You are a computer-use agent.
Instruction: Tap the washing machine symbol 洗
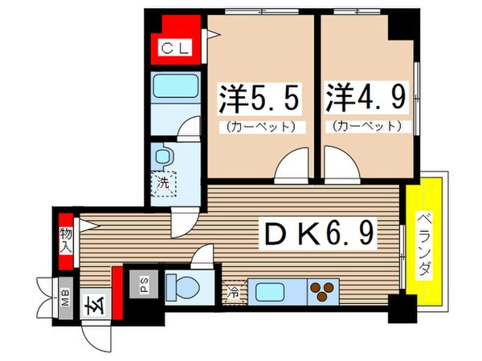click(163, 183)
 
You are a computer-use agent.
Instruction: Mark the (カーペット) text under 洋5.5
click(259, 127)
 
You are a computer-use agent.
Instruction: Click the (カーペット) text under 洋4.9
click(364, 127)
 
